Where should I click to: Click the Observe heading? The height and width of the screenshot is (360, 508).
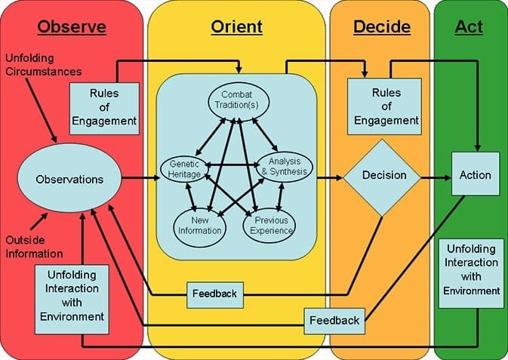(72, 27)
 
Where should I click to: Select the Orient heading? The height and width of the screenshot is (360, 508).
(237, 27)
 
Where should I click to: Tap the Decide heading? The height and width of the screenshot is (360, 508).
(381, 27)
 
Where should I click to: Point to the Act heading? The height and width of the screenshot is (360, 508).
(469, 27)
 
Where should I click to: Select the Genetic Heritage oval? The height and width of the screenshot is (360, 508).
(182, 169)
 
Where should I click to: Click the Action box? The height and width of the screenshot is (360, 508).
(475, 175)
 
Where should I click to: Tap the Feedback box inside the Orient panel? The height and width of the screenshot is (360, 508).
(216, 294)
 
